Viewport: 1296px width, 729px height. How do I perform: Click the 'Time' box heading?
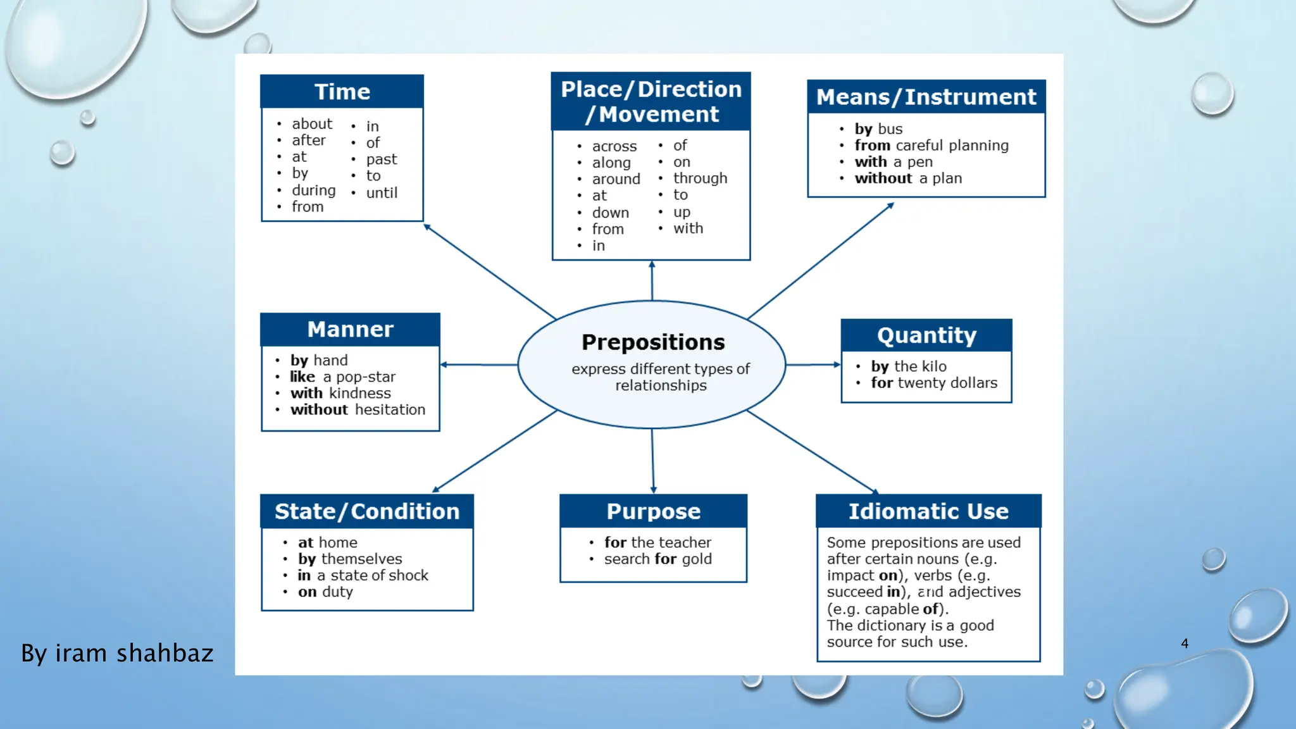(x=342, y=92)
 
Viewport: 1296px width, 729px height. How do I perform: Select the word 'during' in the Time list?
(x=313, y=190)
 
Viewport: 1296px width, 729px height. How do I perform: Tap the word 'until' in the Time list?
(x=382, y=193)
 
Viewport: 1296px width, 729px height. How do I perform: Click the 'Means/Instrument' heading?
(x=926, y=97)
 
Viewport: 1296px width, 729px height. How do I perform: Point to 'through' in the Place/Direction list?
(x=700, y=178)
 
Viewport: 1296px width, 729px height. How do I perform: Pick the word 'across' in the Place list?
(x=614, y=146)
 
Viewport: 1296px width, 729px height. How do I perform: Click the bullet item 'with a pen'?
(x=893, y=162)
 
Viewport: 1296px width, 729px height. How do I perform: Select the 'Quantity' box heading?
(x=926, y=335)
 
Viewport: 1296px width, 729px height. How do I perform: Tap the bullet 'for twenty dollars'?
(x=933, y=383)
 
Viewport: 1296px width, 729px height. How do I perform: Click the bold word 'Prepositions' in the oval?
(x=653, y=342)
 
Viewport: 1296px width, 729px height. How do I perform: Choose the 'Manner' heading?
(x=350, y=330)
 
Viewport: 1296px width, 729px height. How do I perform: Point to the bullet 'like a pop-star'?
(x=342, y=377)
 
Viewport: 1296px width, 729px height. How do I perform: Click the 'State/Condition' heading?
(x=366, y=511)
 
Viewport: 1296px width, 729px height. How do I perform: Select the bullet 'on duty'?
(x=325, y=592)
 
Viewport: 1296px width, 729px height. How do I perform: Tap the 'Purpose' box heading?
(x=653, y=511)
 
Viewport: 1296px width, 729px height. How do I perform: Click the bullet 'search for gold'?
(x=657, y=559)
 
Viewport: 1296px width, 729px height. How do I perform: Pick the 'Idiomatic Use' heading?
(x=928, y=511)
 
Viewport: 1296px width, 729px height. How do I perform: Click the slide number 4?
(x=1185, y=644)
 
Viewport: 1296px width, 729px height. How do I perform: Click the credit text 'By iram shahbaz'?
(x=117, y=653)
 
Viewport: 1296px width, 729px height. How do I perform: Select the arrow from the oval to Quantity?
(x=813, y=364)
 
